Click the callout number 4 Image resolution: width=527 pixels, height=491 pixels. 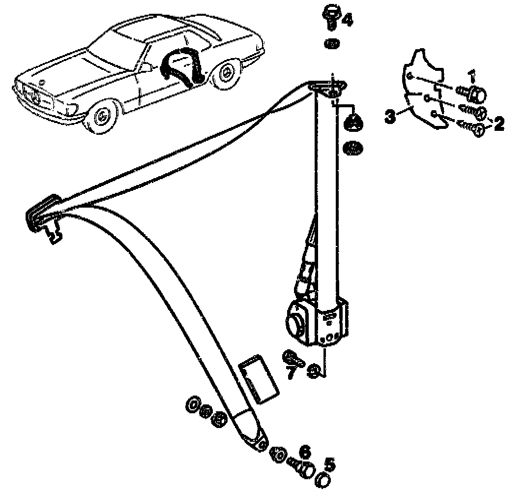pyautogui.click(x=347, y=21)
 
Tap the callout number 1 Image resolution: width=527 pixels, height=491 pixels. pyautogui.click(x=472, y=76)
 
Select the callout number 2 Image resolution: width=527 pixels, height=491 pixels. pyautogui.click(x=498, y=123)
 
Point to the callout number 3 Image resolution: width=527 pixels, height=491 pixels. pyautogui.click(x=390, y=117)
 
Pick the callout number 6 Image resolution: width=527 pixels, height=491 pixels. pyautogui.click(x=305, y=451)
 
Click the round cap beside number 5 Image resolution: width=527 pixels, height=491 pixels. pyautogui.click(x=323, y=480)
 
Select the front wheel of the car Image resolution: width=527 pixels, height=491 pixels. pyautogui.click(x=102, y=117)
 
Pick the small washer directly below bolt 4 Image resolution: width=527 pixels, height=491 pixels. pyautogui.click(x=332, y=44)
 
